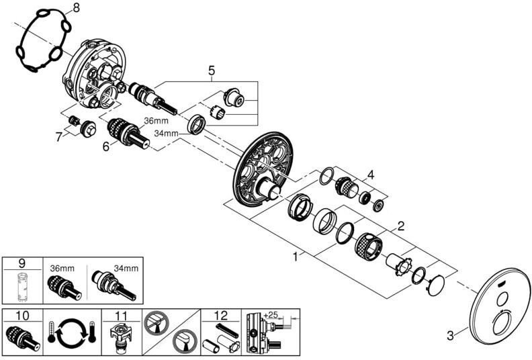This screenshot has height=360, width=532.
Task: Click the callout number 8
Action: pos(76,7)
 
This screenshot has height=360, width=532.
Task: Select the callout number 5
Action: pos(212,71)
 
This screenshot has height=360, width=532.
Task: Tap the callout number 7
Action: pos(59,137)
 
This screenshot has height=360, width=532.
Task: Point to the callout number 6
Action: pos(106,146)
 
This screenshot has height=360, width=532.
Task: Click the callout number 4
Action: pos(371,175)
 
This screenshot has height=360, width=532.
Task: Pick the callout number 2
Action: pos(401,226)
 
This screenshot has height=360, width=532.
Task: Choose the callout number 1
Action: pos(296,257)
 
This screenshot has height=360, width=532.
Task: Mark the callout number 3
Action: pos(450,336)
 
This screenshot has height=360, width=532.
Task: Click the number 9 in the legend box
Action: pos(22,264)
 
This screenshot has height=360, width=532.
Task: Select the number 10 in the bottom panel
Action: pos(22,316)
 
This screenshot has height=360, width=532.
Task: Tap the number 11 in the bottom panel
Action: pos(121,316)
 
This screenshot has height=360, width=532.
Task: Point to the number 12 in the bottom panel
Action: pos(221,316)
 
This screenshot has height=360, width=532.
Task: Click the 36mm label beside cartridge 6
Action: pos(156,121)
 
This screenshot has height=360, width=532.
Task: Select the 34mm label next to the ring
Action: pos(167,134)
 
